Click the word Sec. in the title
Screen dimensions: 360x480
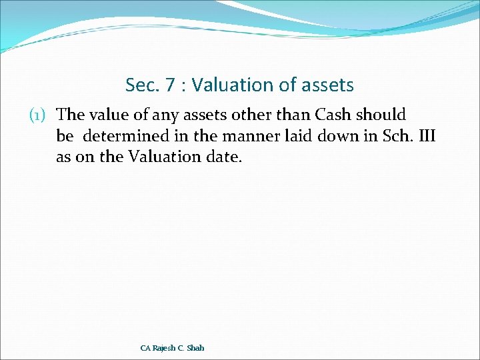(141, 85)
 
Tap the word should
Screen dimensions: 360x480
(381, 116)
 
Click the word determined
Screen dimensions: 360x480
(119, 137)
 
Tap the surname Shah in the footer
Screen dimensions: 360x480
(195, 348)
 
